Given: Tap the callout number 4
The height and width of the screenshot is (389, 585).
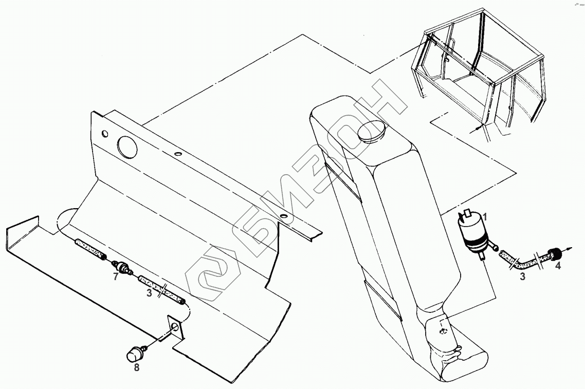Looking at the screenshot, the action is coord(557,266).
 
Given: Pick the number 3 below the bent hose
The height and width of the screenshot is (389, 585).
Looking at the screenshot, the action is coord(522,277).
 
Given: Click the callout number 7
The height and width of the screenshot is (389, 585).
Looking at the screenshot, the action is coord(116,277).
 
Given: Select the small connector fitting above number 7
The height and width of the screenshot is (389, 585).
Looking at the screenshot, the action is coord(122,267).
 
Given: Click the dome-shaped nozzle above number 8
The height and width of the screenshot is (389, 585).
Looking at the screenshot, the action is coord(135,354).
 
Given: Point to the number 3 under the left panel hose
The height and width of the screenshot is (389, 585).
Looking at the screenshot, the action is coord(149,293).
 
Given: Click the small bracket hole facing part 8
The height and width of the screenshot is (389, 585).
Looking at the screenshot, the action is coord(173,327).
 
